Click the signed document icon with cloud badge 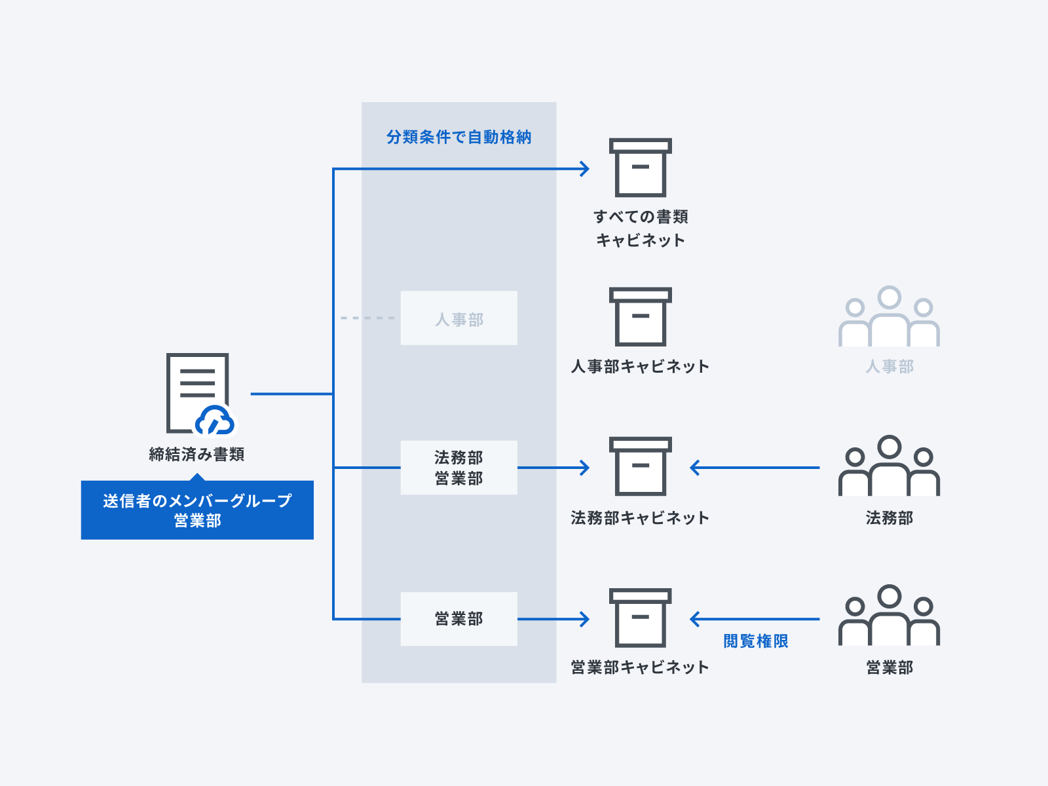pos(198,393)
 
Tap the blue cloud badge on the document pos(215,421)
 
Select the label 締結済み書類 pos(196,454)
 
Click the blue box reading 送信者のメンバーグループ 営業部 pos(197,510)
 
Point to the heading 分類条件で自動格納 pos(458,137)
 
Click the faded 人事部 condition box pos(458,318)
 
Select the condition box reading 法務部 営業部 pos(458,468)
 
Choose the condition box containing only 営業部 pos(458,619)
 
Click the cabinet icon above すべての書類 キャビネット pos(640,168)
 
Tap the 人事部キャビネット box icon pos(640,317)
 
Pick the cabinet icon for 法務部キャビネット pos(640,466)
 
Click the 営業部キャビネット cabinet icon pos(640,618)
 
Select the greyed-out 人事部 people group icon pos(889,318)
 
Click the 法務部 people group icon pos(889,466)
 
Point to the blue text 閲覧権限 pos(755,641)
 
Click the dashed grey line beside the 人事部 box pos(367,318)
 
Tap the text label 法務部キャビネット pos(640,518)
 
